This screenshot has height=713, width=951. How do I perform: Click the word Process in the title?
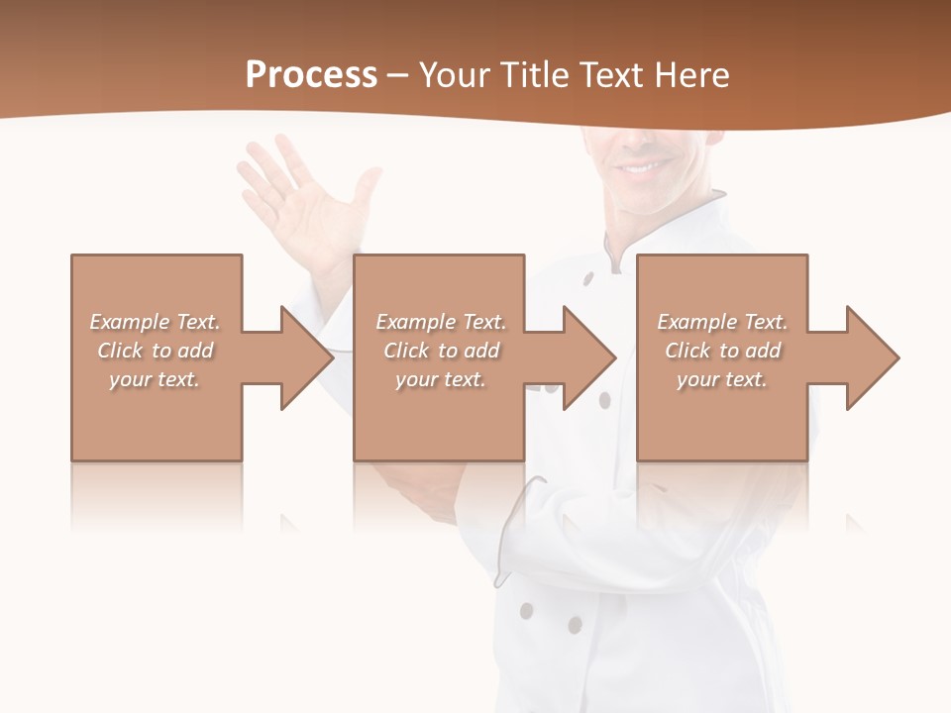pos(311,75)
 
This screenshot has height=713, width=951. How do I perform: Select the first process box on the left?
pos(156,416)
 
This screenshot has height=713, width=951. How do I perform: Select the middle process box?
pos(439,416)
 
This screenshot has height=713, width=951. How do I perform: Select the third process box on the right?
pos(721,416)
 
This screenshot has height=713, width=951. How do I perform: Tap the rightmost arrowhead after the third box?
pos(871,357)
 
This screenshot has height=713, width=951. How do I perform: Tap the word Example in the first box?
pos(129,322)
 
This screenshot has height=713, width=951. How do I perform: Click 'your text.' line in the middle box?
pos(440,379)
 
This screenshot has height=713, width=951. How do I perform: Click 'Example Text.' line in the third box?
pos(722,322)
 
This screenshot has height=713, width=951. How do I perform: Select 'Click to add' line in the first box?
pos(156,351)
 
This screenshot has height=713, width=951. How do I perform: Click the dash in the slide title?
pos(398,75)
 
